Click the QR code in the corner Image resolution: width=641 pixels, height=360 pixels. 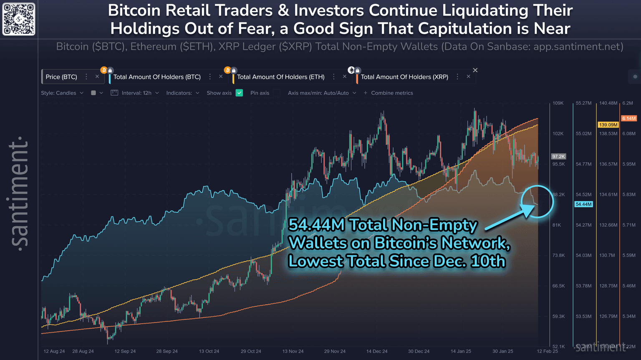click(x=19, y=19)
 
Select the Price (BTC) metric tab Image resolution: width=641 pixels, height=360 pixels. click(x=61, y=77)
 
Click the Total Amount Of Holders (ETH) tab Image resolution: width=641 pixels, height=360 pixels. click(x=280, y=77)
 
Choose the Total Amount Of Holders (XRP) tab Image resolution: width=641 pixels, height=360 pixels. click(x=404, y=77)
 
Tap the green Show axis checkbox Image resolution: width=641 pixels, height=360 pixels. click(x=239, y=93)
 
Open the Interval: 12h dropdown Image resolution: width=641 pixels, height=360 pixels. click(x=136, y=93)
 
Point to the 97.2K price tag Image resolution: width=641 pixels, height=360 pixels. click(x=558, y=156)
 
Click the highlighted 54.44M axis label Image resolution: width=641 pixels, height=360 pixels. click(x=583, y=204)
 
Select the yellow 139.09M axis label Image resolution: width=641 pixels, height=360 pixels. click(x=608, y=125)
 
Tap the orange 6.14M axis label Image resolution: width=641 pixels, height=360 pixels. click(x=629, y=118)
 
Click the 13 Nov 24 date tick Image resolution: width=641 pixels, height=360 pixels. click(x=293, y=351)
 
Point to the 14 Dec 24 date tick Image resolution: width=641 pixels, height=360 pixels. click(x=377, y=351)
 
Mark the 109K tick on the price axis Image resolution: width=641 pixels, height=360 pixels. click(x=558, y=103)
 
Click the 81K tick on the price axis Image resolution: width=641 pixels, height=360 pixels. click(x=557, y=225)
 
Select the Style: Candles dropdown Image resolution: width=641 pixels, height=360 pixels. click(x=62, y=93)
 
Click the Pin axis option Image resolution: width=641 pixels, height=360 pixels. click(x=260, y=93)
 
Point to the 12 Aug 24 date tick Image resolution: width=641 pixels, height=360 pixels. click(x=54, y=351)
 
